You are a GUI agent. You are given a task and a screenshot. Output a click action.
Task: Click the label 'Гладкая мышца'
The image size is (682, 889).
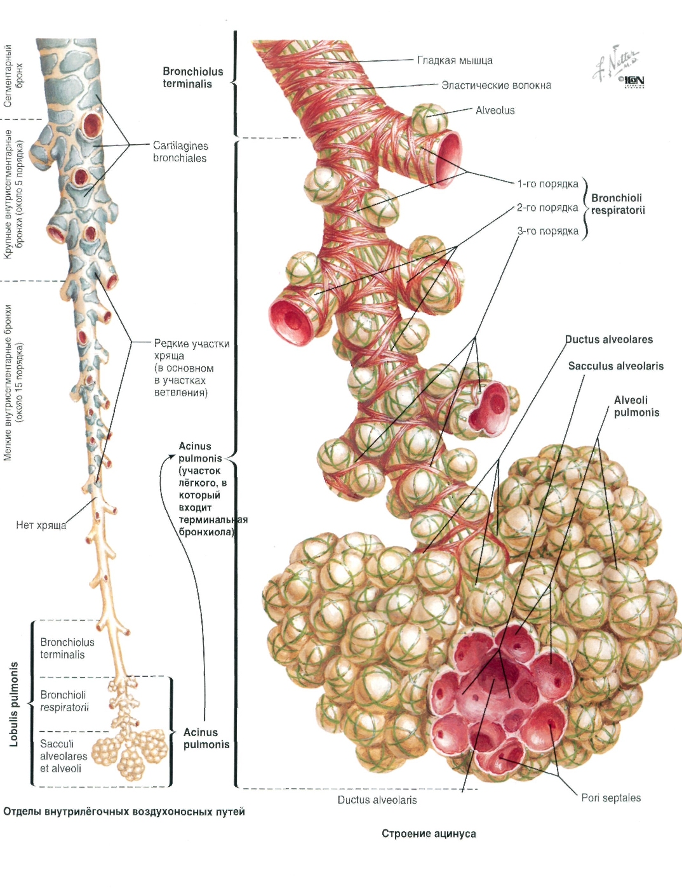(455, 60)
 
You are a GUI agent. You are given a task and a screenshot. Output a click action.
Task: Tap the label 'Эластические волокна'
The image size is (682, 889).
(496, 85)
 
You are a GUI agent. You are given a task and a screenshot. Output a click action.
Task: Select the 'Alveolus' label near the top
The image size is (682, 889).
(495, 110)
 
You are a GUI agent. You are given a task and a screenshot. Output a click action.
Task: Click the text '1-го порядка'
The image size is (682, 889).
(548, 184)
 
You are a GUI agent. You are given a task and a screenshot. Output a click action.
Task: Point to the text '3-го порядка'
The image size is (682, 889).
(548, 232)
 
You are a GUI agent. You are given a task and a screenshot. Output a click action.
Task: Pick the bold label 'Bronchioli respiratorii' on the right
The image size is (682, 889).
(618, 204)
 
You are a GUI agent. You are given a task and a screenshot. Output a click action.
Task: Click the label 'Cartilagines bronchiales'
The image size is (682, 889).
(180, 152)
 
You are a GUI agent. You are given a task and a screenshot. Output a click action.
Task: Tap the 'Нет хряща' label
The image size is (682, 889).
(41, 525)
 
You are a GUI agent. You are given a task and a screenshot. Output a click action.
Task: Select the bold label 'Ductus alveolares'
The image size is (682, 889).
(609, 340)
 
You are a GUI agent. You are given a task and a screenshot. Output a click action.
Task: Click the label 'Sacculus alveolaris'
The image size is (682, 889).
(616, 366)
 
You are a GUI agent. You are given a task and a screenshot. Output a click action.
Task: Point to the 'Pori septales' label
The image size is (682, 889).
(611, 798)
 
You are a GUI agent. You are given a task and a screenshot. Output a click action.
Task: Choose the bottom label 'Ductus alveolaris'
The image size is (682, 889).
(377, 800)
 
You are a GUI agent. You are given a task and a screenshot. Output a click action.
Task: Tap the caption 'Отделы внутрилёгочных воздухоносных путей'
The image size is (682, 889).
(124, 812)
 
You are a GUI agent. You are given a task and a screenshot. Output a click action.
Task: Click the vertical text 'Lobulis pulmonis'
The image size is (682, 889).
(15, 704)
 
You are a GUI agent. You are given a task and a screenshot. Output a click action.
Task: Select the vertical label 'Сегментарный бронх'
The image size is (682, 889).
(13, 76)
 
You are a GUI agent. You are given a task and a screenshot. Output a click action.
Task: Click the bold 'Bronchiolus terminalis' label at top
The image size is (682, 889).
(193, 77)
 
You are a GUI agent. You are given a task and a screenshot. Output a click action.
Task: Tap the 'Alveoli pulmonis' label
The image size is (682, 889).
(636, 406)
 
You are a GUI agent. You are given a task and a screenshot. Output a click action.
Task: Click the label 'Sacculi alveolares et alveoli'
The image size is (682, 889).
(64, 756)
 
